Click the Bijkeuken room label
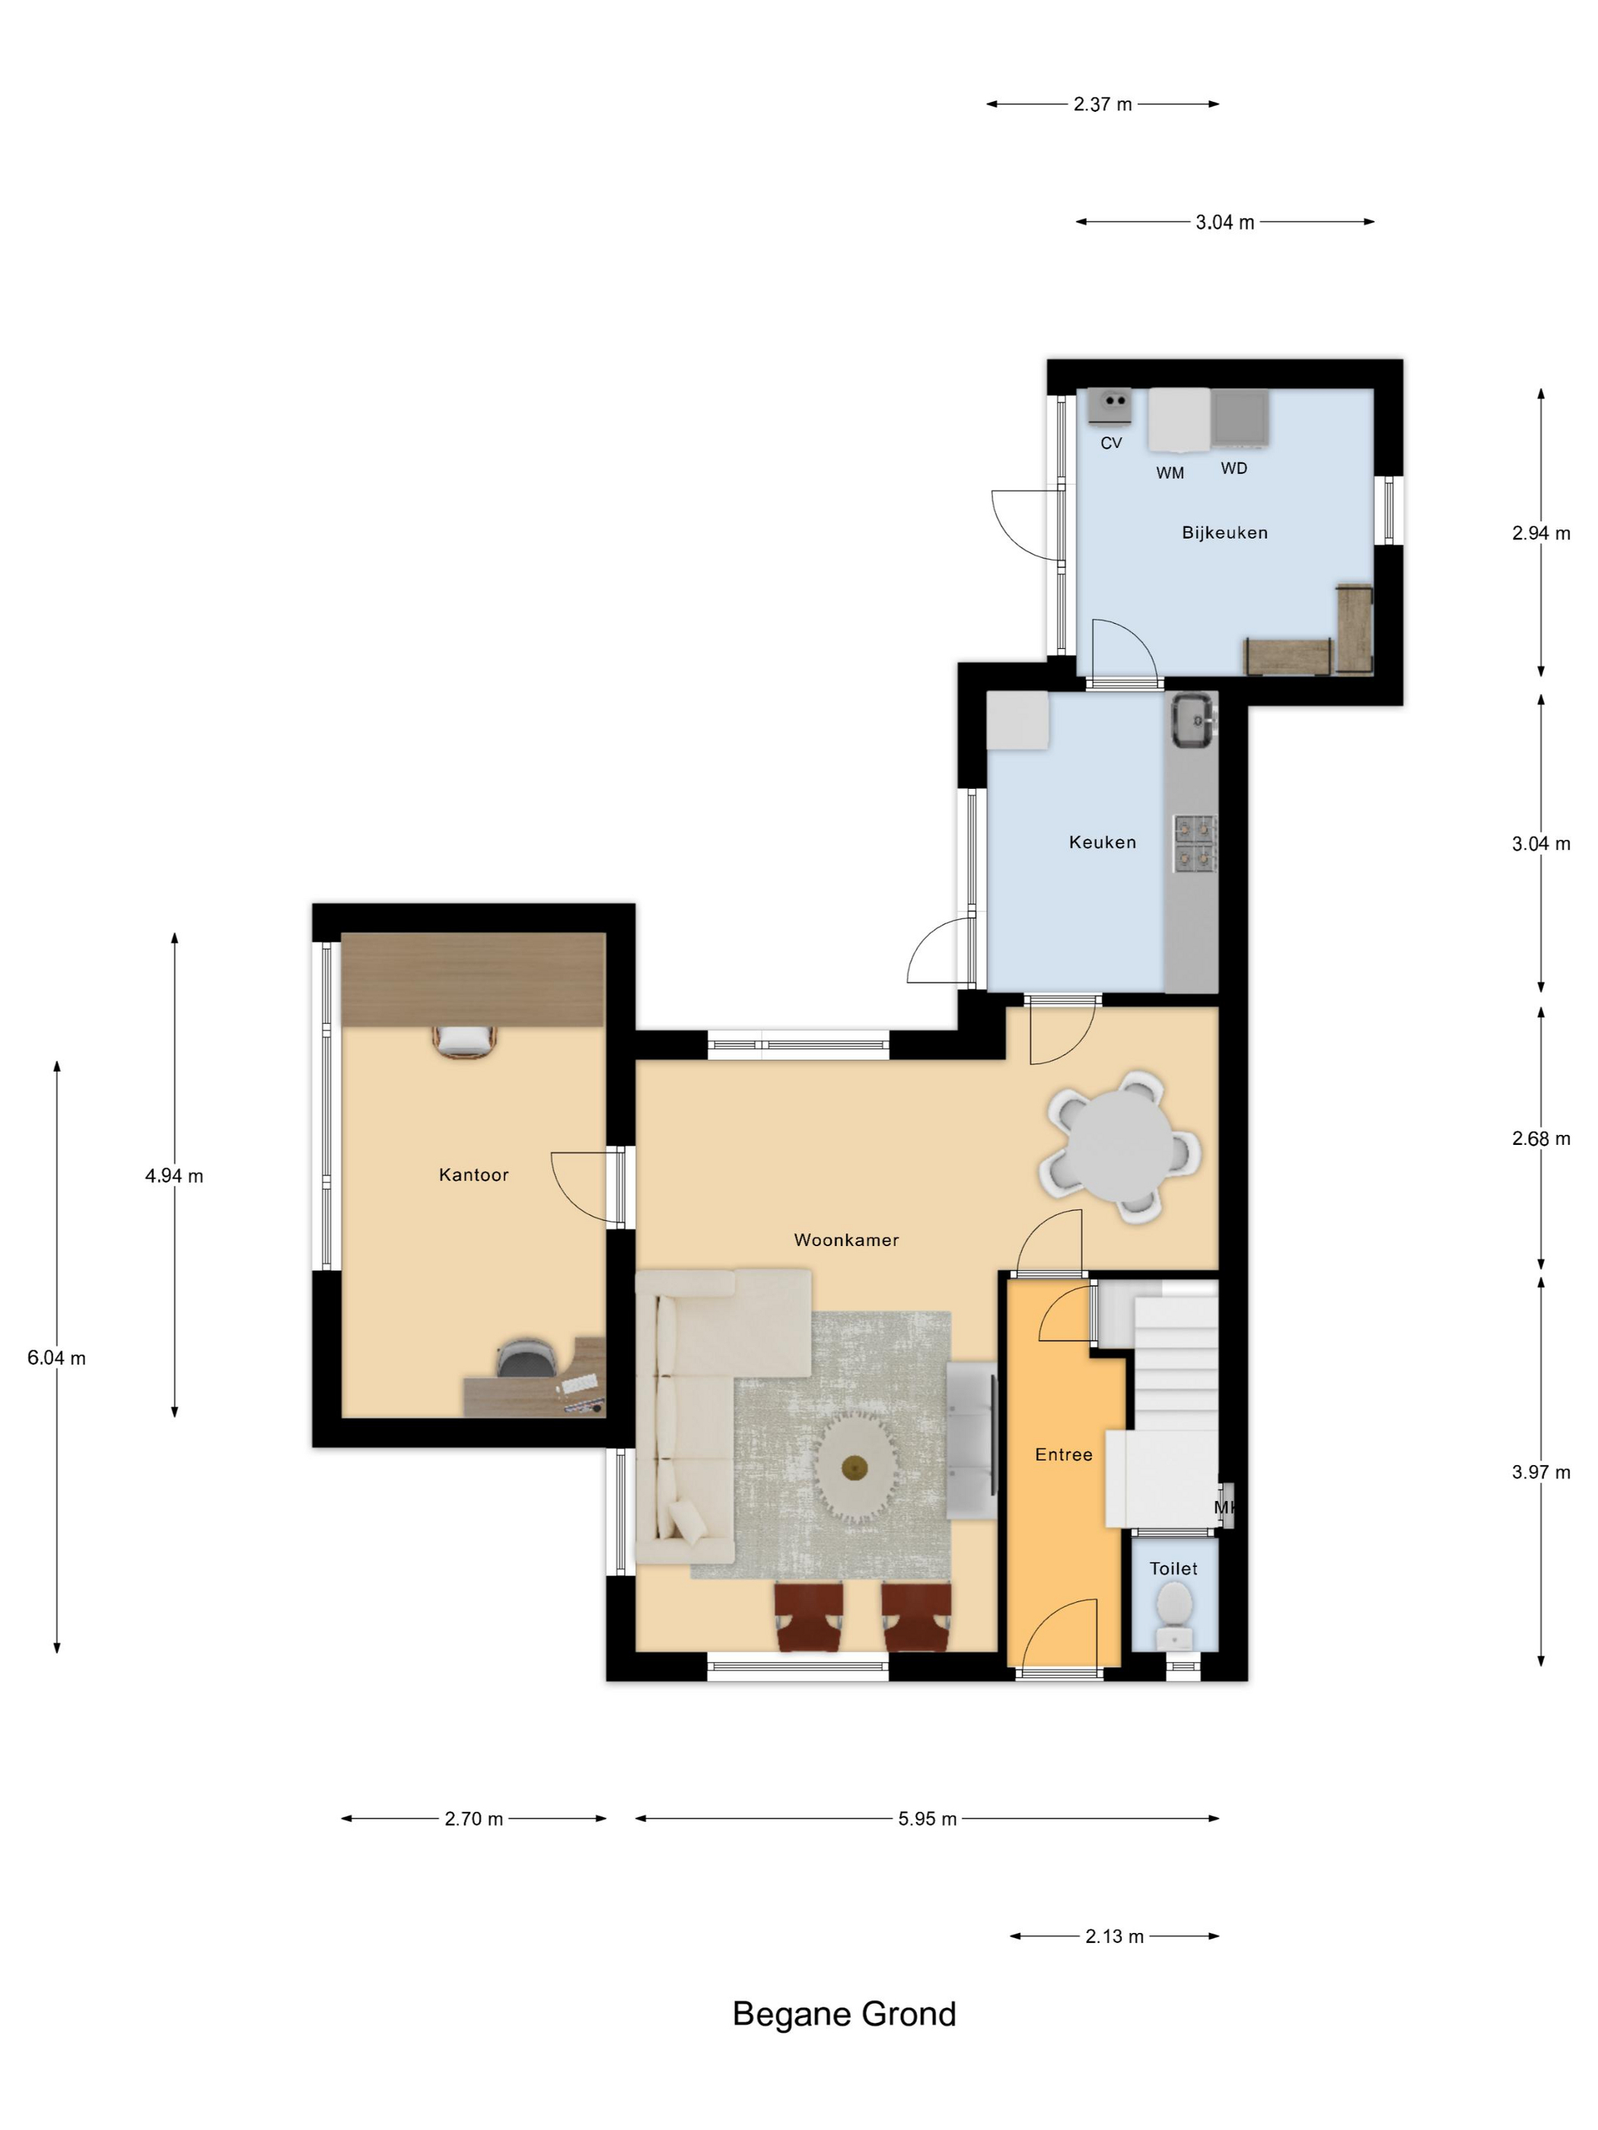(x=1224, y=532)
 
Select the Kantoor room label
(x=473, y=1174)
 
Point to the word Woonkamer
(x=845, y=1239)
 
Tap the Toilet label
(x=1173, y=1569)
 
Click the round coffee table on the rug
(x=855, y=1467)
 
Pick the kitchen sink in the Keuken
(x=1193, y=720)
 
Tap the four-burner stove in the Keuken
(x=1195, y=843)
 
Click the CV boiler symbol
(x=1109, y=405)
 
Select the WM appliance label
(x=1170, y=473)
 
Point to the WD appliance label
(x=1234, y=468)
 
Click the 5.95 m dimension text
(x=927, y=1819)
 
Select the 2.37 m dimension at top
(x=1102, y=104)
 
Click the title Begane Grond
(x=844, y=2014)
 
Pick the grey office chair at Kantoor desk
(x=526, y=1358)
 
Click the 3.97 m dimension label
(x=1540, y=1471)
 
